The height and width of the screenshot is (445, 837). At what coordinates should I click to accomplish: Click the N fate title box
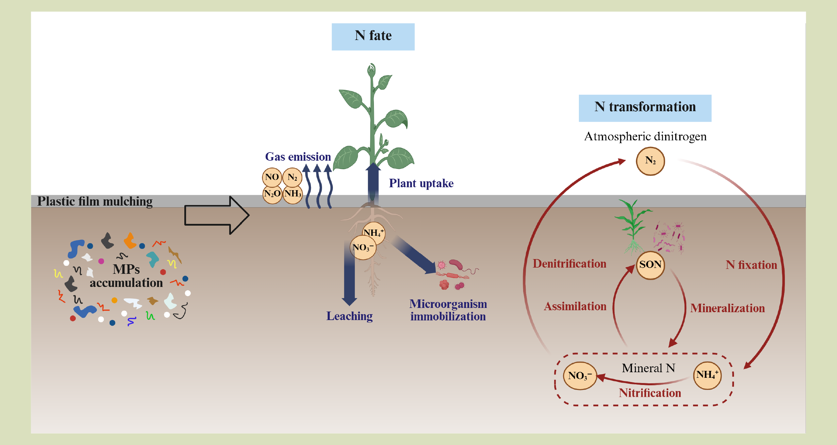[373, 36]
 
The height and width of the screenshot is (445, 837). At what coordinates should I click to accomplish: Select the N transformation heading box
[645, 108]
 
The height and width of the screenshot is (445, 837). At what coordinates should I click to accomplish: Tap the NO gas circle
[272, 177]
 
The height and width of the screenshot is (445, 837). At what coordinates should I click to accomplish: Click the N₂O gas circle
[272, 193]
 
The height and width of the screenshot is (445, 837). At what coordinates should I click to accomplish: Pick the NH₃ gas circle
[293, 193]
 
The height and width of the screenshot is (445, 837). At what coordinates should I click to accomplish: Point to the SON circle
[650, 265]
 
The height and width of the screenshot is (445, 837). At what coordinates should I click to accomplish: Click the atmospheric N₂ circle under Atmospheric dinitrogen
[650, 161]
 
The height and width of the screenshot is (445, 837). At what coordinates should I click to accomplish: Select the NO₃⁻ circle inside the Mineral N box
[580, 375]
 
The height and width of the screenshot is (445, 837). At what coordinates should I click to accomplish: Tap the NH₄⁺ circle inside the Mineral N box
[707, 375]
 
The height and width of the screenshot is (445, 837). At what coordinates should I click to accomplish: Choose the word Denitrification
[569, 264]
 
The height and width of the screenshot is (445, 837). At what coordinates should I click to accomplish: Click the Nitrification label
[650, 393]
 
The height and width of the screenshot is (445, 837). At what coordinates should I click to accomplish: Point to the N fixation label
[751, 265]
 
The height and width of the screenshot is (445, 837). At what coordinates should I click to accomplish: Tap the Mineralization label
[727, 308]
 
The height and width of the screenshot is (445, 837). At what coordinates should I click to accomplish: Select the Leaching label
[349, 316]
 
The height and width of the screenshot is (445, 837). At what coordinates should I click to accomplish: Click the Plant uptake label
[421, 183]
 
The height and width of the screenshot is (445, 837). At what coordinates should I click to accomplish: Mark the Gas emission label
[298, 157]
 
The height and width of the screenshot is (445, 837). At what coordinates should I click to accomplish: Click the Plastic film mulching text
[95, 201]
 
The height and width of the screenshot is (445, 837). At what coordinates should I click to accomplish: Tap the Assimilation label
[575, 306]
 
